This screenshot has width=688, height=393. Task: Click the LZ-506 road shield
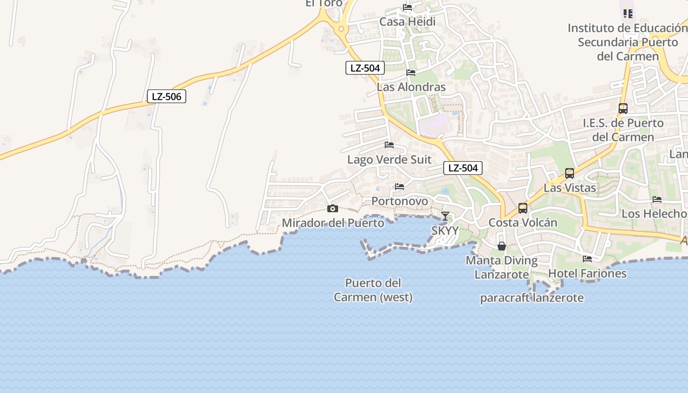[x=167, y=96]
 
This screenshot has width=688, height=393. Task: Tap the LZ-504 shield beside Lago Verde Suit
[x=462, y=168]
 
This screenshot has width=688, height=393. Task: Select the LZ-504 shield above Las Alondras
[x=365, y=68]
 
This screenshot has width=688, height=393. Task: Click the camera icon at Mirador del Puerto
[x=333, y=208]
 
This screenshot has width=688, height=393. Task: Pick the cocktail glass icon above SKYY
[x=445, y=216]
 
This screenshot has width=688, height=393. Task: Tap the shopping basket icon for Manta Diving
[x=502, y=246]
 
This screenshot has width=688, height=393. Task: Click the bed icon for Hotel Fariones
[x=587, y=258]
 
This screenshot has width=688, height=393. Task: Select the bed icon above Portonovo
[x=400, y=187]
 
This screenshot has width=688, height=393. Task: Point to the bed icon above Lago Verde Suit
[x=389, y=145]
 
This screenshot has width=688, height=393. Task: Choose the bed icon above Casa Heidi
[x=407, y=7]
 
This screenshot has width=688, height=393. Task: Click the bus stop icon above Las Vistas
[x=570, y=173]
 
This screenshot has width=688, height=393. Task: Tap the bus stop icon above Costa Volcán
[x=523, y=208]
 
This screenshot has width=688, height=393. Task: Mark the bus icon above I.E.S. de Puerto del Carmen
[x=623, y=109]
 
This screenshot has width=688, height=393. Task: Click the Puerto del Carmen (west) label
[x=373, y=290]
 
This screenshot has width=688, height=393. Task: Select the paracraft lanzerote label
[x=532, y=298]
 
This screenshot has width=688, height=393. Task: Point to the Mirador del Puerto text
[x=333, y=223]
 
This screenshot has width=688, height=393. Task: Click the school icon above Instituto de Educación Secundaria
[x=628, y=13]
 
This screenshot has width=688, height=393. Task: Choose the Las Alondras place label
[x=411, y=87]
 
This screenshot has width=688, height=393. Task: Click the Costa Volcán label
[x=523, y=223]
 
